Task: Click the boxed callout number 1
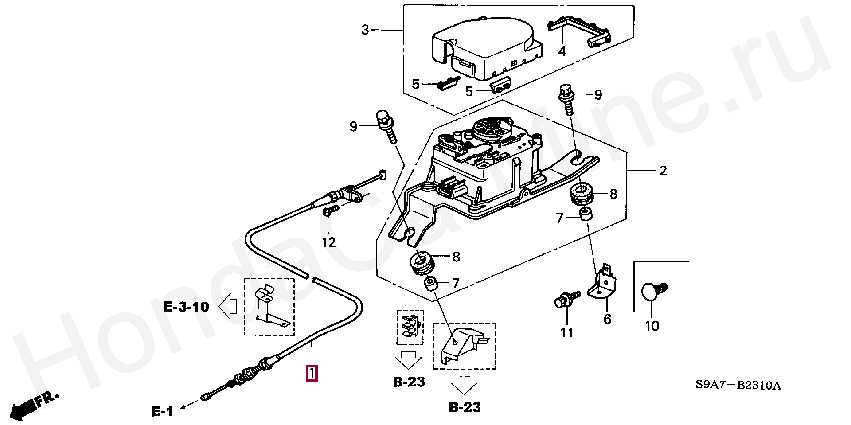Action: pyautogui.click(x=312, y=373)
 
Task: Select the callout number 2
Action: pyautogui.click(x=663, y=171)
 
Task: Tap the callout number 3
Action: pyautogui.click(x=365, y=30)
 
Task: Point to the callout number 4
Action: pyautogui.click(x=562, y=51)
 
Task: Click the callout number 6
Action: pyautogui.click(x=607, y=319)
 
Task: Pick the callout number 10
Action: pyautogui.click(x=652, y=326)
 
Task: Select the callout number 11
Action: pyautogui.click(x=567, y=333)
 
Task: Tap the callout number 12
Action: pyautogui.click(x=328, y=242)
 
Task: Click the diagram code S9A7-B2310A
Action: pyautogui.click(x=738, y=385)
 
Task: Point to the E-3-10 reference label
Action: pyautogui.click(x=186, y=307)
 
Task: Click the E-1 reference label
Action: pyautogui.click(x=163, y=412)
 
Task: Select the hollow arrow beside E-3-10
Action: pyautogui.click(x=228, y=306)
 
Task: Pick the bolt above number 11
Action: pyautogui.click(x=567, y=299)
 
